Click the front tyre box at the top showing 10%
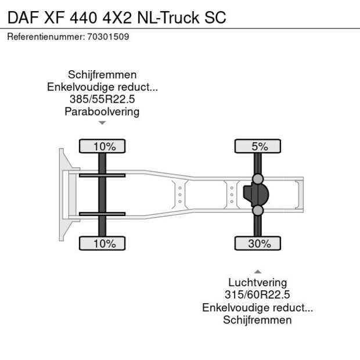(102, 146)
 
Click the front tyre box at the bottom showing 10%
(102, 243)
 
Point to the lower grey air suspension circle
(258, 210)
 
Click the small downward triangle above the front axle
(102, 123)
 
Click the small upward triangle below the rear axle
(257, 271)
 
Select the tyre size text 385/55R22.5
(102, 99)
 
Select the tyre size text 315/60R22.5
(257, 295)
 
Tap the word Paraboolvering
(102, 111)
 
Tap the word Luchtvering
(257, 283)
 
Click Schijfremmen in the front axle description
(102, 75)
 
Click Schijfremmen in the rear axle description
(257, 320)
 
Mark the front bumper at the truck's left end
(62, 195)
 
